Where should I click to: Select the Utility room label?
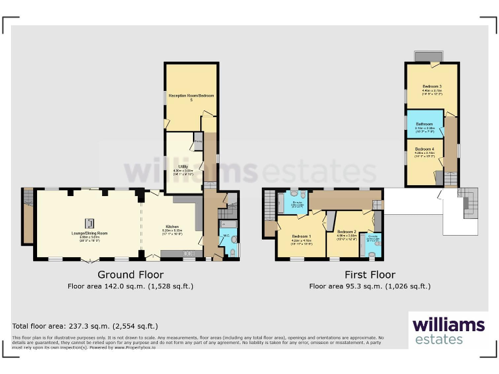(183, 166)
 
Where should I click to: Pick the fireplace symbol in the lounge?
(90, 221)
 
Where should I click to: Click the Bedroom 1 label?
(301, 236)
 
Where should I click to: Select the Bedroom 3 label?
(432, 86)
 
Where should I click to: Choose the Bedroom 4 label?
(424, 149)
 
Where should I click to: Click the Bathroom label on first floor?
(424, 123)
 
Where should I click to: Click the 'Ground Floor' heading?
(130, 275)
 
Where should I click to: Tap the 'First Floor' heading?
(370, 275)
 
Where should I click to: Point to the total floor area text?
(85, 326)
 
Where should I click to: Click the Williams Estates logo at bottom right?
(448, 330)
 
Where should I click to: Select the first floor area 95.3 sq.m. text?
(370, 286)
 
